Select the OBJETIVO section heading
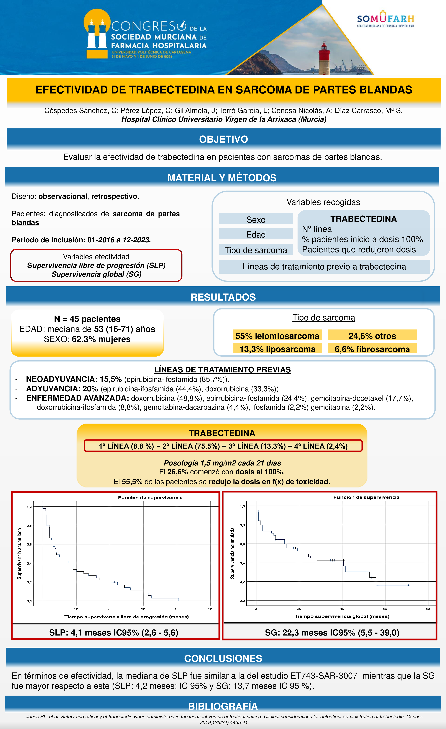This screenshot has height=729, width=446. [223, 139]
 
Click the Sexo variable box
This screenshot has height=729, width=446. [256, 220]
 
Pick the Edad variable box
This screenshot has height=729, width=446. [256, 234]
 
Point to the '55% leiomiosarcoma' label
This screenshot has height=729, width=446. [277, 336]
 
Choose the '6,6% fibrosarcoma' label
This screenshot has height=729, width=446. [372, 349]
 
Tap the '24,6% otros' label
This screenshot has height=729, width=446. [372, 336]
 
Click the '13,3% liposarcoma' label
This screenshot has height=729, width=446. [277, 349]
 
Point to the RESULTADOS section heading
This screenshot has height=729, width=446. [223, 297]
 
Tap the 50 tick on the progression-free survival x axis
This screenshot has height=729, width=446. [210, 609]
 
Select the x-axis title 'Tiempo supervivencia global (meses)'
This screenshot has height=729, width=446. [342, 616]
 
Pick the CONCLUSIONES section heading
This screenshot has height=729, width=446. [223, 658]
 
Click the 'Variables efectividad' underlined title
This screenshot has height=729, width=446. [96, 257]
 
